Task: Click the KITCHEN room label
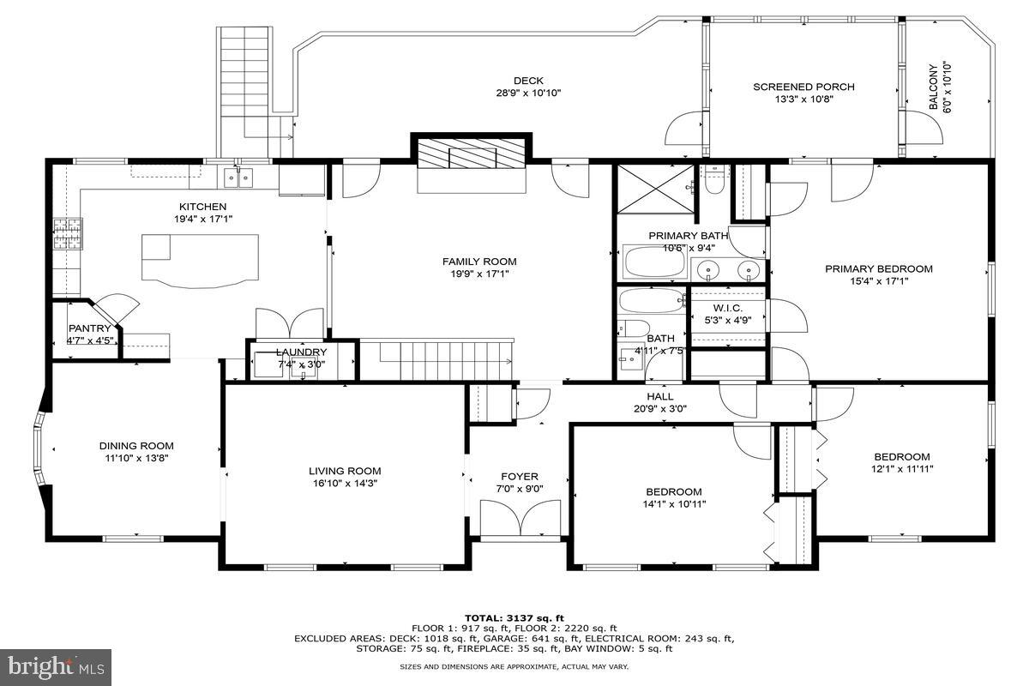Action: [202, 207]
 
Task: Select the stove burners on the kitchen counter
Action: [65, 234]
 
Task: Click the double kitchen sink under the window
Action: [238, 178]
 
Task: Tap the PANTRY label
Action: [89, 328]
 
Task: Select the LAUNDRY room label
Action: [301, 352]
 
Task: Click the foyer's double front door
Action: [519, 519]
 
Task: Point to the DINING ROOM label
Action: [136, 446]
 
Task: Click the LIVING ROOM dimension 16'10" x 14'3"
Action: [345, 484]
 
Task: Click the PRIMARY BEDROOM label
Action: [878, 268]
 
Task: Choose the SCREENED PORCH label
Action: [803, 87]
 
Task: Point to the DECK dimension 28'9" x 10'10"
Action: [528, 93]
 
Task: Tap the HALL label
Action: [660, 397]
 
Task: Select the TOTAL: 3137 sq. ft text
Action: [514, 617]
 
